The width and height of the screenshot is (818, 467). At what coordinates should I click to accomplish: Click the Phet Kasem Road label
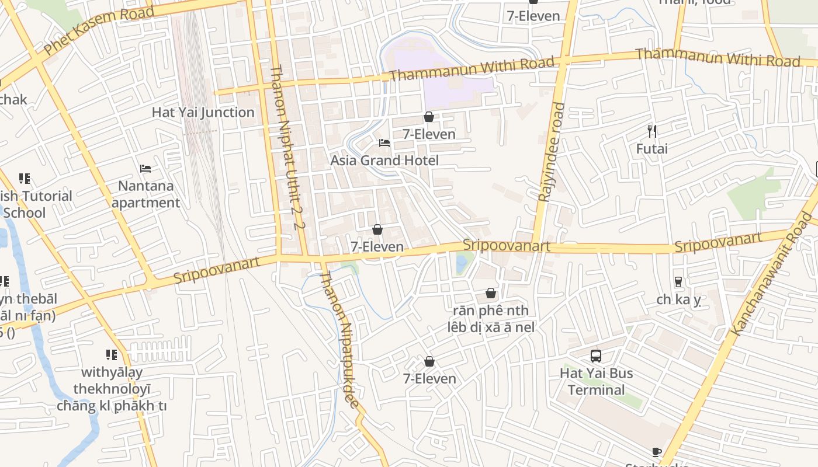(99, 30)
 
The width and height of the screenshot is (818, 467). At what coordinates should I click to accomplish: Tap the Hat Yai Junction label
(203, 113)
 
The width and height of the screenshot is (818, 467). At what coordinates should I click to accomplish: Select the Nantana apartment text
(146, 194)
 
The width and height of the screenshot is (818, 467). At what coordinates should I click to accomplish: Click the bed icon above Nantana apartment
(146, 169)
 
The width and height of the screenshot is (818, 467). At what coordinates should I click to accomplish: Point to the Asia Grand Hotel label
(384, 160)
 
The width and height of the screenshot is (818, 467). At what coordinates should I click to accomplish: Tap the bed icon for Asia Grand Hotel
(384, 142)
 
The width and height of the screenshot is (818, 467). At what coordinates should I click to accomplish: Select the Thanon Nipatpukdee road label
(339, 339)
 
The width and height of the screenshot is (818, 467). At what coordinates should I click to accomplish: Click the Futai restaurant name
(651, 149)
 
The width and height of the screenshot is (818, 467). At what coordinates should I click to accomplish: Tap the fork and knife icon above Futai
(652, 131)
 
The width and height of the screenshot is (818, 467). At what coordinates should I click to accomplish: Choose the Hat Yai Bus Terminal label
(596, 381)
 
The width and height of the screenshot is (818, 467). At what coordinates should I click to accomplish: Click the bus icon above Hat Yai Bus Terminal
(596, 356)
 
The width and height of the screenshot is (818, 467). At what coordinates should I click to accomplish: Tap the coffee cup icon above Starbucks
(657, 452)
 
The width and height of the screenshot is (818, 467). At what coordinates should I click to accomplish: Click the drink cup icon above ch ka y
(678, 281)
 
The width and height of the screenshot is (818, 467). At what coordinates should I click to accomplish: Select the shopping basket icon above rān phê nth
(491, 292)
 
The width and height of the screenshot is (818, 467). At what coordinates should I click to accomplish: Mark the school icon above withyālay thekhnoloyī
(111, 354)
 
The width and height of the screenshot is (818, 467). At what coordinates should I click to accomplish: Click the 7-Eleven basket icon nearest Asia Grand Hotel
(429, 117)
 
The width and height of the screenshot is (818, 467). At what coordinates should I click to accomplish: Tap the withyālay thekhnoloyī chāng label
(112, 389)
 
